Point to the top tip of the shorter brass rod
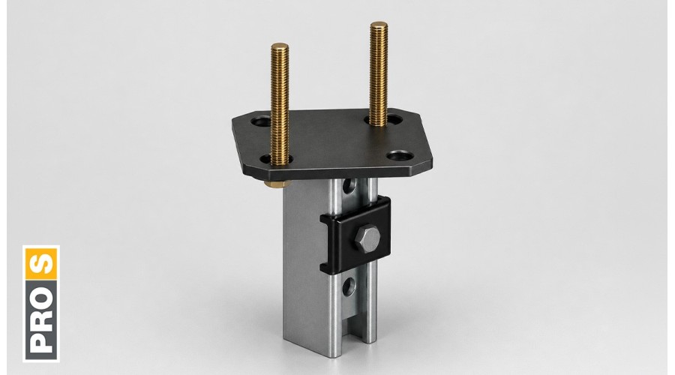tap(280, 44)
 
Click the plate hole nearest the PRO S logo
tap(262, 121)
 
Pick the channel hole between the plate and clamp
tap(349, 185)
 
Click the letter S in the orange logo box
tap(42, 264)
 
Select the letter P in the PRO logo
tap(42, 340)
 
